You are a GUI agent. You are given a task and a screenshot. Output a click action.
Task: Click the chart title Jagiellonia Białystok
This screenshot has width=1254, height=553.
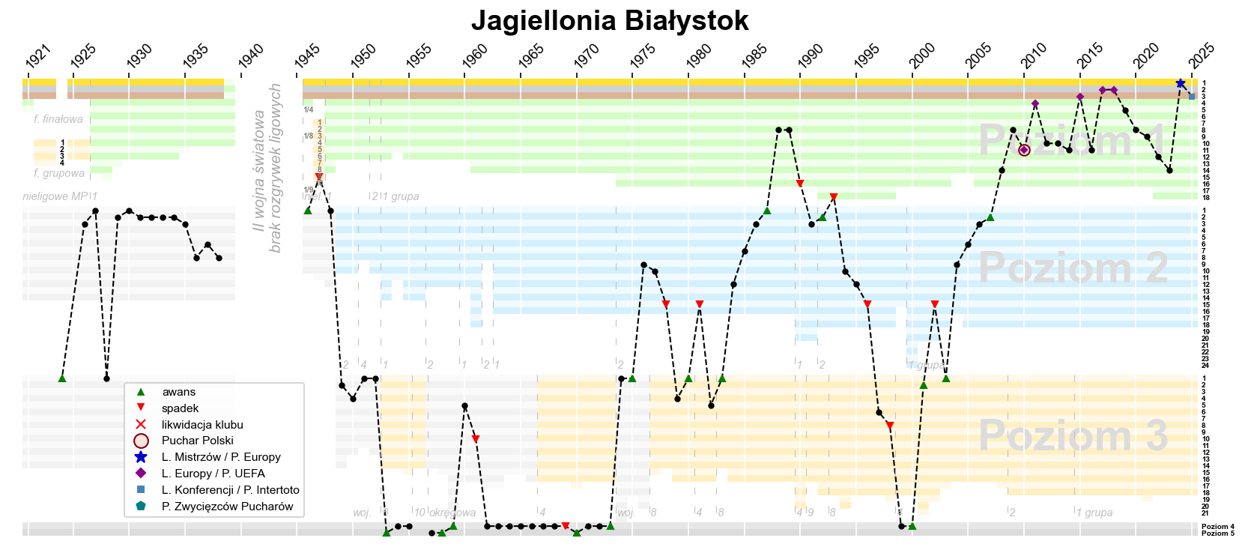610,21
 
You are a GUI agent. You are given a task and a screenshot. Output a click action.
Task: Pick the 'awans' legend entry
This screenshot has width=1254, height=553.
178,392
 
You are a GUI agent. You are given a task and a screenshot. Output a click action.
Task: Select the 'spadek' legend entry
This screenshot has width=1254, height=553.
180,408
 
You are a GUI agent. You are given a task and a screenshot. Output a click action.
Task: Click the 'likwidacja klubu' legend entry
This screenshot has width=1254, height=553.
202,425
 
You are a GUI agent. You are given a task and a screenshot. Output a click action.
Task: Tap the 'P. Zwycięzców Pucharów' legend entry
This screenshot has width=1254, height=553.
227,507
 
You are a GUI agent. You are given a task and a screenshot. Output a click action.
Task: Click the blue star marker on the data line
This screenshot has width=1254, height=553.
1181,84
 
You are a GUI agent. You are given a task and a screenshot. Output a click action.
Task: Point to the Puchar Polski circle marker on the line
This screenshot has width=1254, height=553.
1024,151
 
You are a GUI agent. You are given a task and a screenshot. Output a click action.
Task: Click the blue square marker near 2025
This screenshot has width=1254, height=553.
1192,97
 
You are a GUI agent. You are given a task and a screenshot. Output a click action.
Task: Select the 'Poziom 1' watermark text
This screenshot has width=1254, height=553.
1072,140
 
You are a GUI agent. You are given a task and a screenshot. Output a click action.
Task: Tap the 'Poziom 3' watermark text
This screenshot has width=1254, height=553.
1072,435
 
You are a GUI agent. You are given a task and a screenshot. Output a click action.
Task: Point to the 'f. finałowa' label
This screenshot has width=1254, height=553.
58,119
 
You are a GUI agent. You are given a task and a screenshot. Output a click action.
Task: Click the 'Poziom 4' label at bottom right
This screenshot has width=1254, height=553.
1217,527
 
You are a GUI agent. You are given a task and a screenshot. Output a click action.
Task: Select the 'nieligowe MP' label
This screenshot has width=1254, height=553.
55,196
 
